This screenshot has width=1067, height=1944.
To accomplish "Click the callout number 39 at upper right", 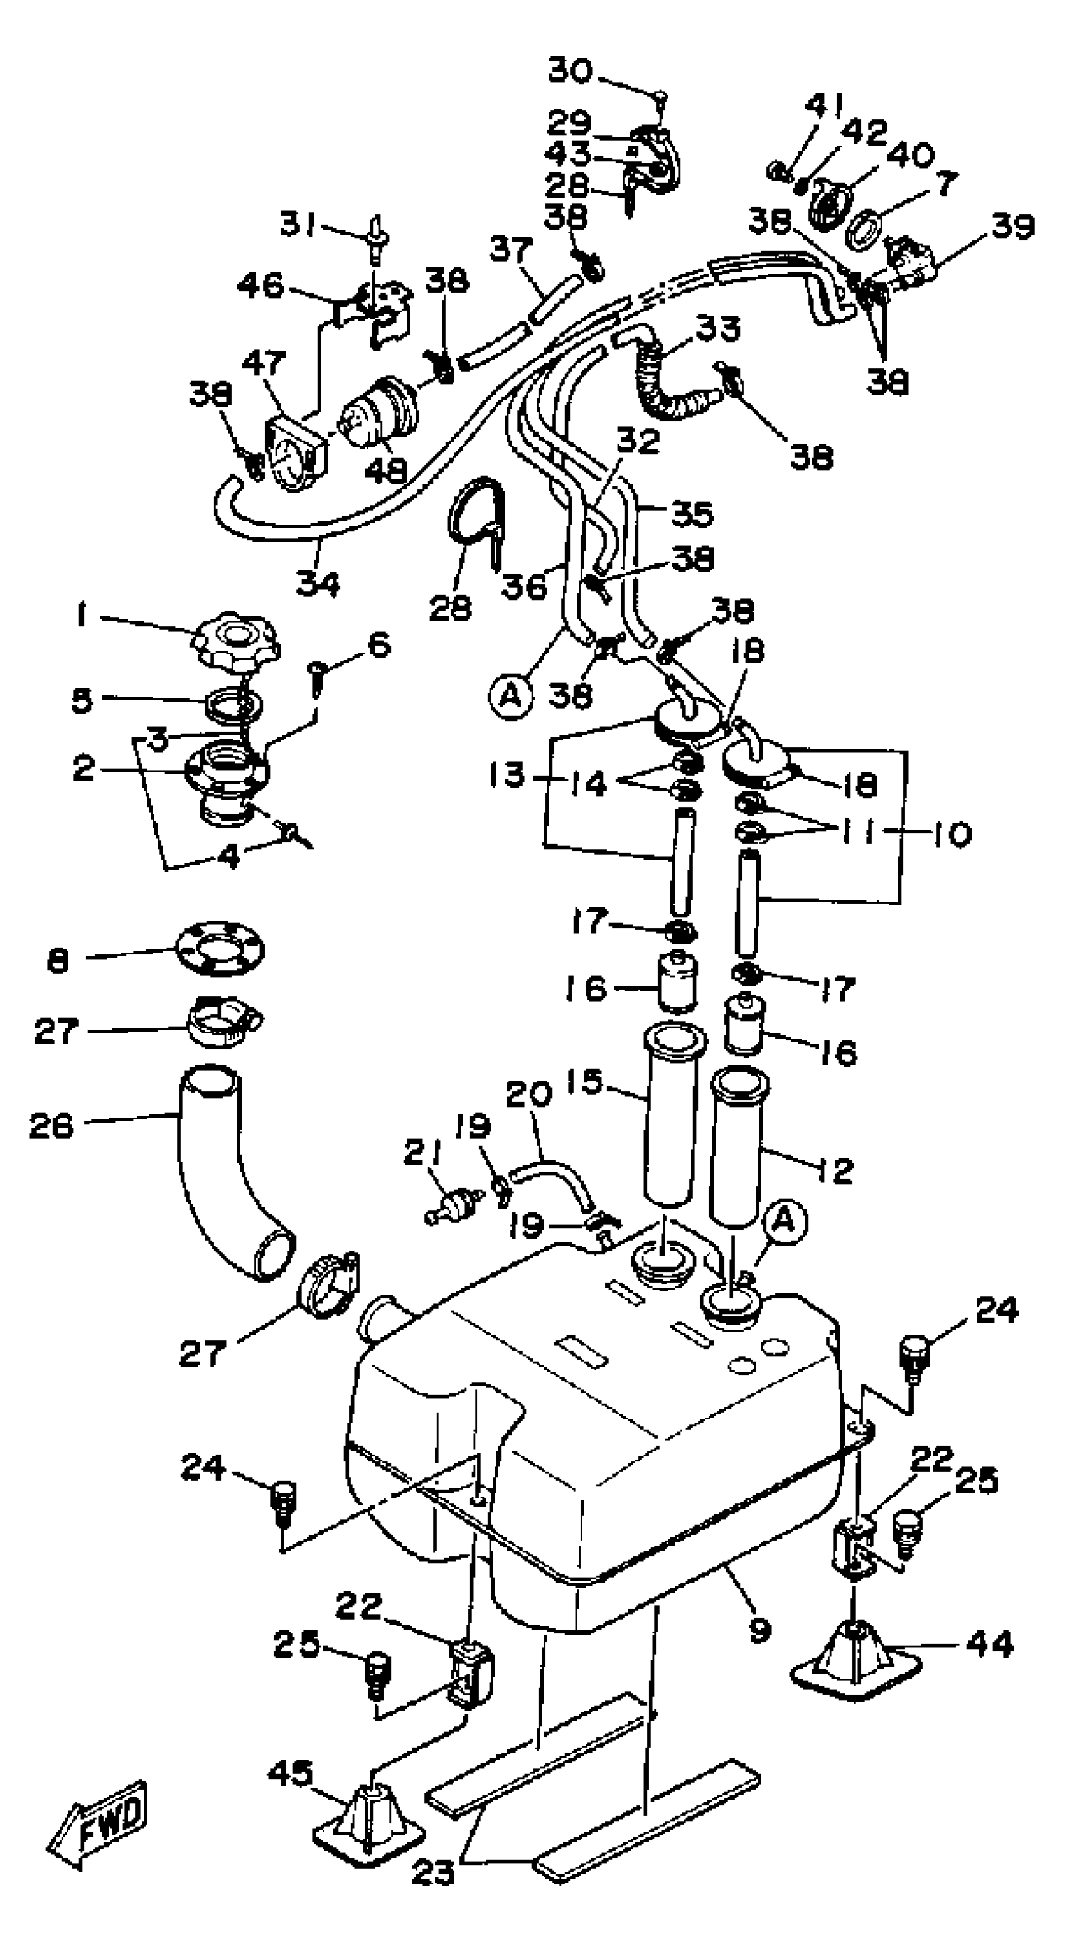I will tap(1012, 226).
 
